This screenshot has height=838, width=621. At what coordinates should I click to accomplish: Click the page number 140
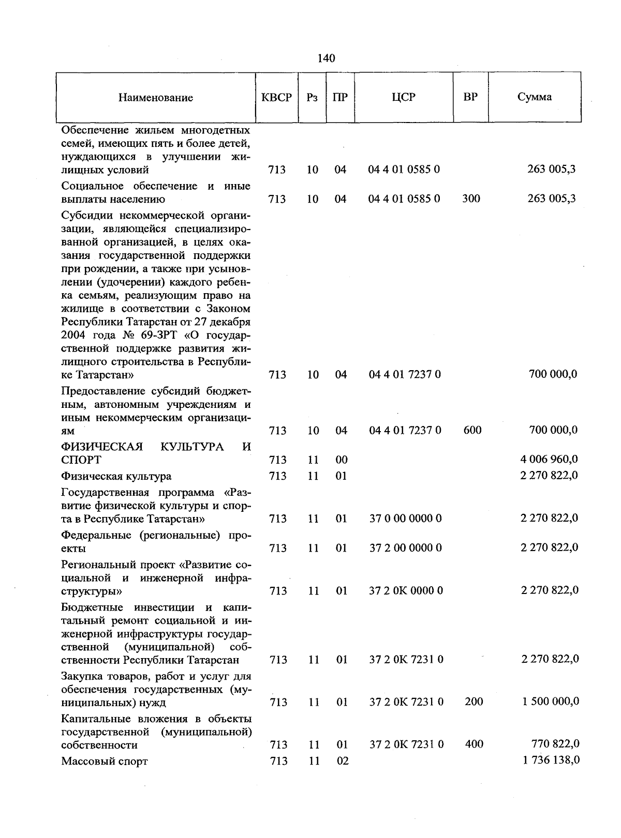[326, 58]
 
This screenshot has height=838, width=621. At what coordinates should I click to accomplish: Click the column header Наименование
[155, 98]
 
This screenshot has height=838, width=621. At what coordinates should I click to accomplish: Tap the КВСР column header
[277, 97]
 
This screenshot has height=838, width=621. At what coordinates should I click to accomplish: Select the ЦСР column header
[404, 97]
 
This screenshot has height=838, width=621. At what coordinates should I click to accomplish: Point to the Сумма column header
[535, 97]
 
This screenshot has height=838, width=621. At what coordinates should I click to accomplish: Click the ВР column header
[470, 97]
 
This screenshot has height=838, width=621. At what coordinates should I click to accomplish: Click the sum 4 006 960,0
[549, 459]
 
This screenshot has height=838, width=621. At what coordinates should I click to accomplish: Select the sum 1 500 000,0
[550, 702]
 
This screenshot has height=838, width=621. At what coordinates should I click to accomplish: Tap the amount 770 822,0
[555, 744]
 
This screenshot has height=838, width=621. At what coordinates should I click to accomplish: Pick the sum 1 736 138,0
[550, 760]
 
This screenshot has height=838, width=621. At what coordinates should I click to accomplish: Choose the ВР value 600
[472, 430]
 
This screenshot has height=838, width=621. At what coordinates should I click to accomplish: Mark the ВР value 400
[474, 744]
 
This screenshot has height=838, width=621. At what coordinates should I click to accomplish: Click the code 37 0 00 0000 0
[405, 519]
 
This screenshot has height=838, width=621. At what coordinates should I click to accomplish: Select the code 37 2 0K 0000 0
[406, 590]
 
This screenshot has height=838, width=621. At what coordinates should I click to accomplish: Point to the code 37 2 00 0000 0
[405, 548]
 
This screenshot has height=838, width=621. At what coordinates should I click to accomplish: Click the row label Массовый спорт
[105, 761]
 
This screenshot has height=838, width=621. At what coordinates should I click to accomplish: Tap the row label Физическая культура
[116, 476]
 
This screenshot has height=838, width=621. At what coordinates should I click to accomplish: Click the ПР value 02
[342, 761]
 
